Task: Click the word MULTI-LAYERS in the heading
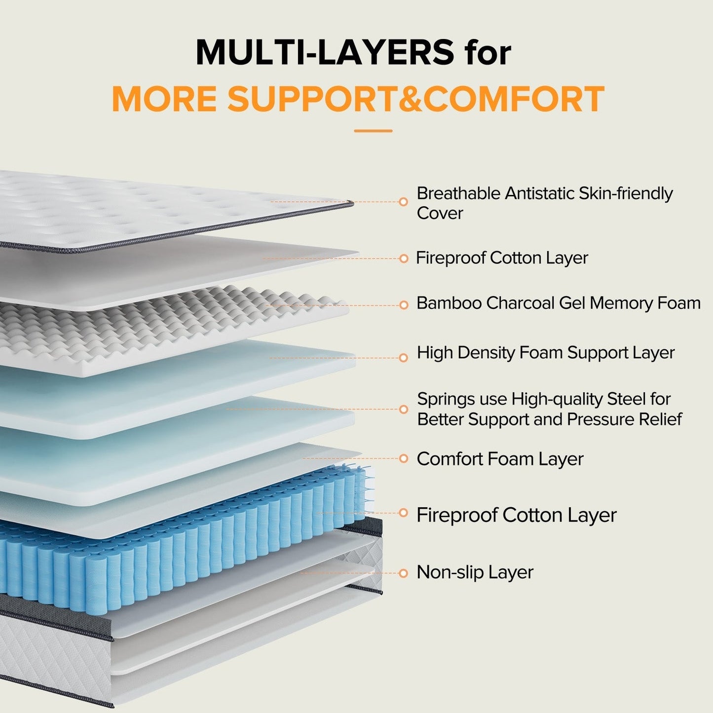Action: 324,52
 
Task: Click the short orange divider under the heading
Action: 373,131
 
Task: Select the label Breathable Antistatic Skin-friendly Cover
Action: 544,203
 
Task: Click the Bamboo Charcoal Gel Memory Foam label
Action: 558,303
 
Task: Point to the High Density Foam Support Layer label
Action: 545,353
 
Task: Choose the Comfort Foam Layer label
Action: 500,459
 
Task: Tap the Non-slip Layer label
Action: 475,572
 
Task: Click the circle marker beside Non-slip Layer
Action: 404,573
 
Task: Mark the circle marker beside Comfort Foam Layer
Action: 404,458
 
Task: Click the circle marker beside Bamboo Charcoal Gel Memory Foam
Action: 404,305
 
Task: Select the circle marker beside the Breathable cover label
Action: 404,201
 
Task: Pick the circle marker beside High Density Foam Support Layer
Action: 404,358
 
